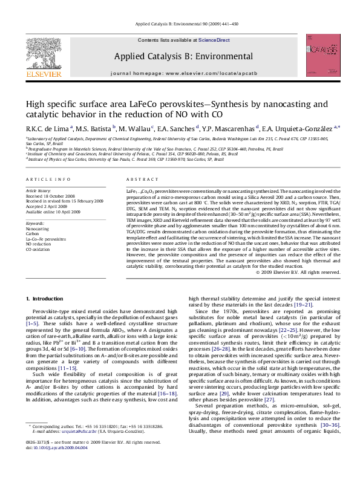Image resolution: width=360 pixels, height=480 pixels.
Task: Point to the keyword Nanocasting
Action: pyautogui.click(x=38, y=229)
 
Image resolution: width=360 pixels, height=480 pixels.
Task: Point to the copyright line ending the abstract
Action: pyautogui.click(x=298, y=272)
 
